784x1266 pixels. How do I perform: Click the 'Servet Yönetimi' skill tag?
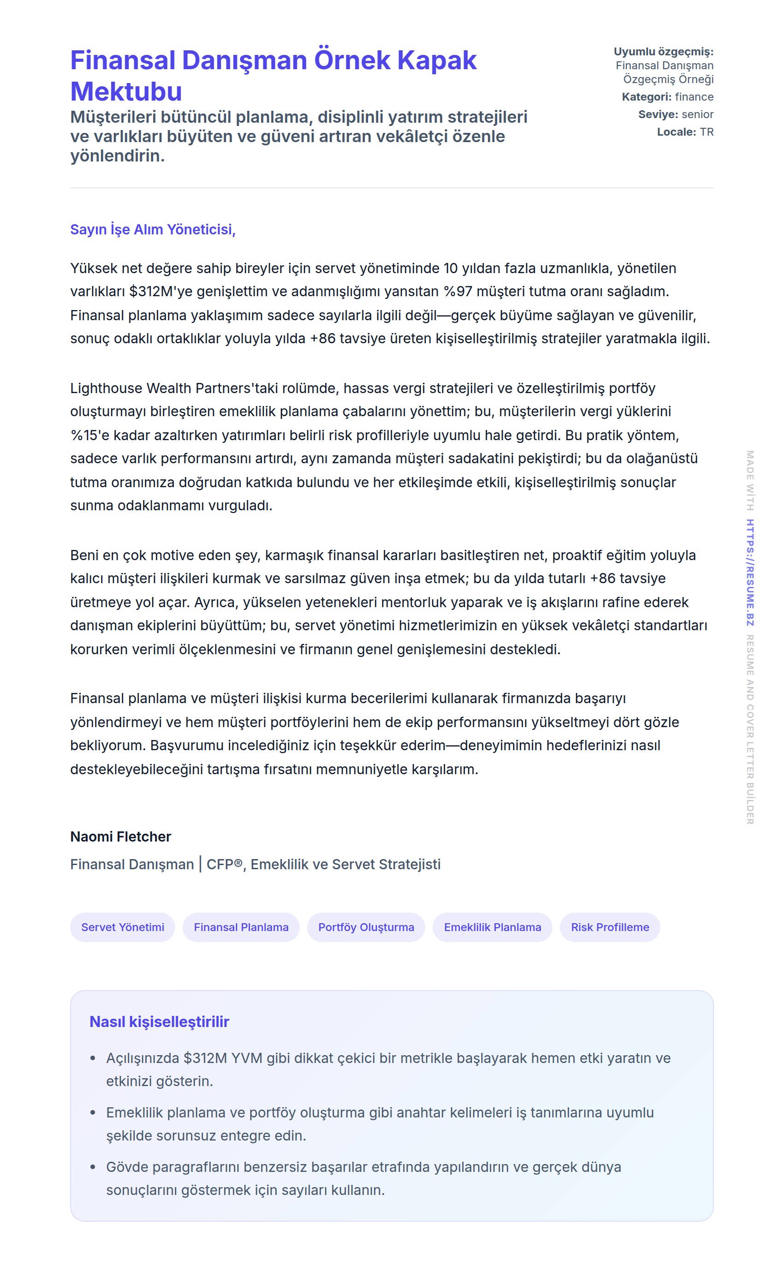122,927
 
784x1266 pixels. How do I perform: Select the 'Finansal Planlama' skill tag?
241,927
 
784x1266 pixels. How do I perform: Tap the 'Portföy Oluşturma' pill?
366,927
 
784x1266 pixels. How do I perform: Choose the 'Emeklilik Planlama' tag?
492,927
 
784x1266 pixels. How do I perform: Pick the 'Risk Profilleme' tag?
610,927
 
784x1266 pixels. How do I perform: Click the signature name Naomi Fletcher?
120,836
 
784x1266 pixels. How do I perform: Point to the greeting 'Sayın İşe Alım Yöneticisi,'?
153,229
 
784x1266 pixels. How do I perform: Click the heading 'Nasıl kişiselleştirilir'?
159,1021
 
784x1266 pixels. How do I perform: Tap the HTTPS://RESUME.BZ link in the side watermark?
750,573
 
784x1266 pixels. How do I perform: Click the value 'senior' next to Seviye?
697,114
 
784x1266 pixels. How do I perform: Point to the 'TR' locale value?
707,132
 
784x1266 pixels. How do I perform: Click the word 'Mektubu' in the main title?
126,92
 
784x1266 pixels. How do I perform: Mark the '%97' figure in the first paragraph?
458,292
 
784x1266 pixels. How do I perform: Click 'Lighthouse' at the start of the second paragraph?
106,388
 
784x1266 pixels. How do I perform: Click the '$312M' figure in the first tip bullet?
205,1058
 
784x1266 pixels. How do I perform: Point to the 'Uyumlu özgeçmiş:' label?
663,52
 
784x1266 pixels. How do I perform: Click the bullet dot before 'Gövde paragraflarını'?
93,1167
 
